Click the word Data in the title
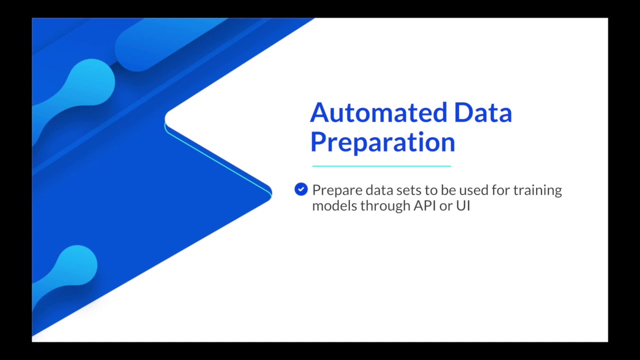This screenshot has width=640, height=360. click(x=483, y=113)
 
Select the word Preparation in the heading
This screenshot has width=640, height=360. click(x=382, y=142)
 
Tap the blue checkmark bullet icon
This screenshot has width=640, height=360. click(x=301, y=189)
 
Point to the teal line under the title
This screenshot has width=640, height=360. click(x=381, y=166)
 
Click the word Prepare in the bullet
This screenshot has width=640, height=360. click(x=337, y=190)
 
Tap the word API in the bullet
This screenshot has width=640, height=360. click(x=424, y=205)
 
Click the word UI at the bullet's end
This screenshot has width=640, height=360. click(x=463, y=205)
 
